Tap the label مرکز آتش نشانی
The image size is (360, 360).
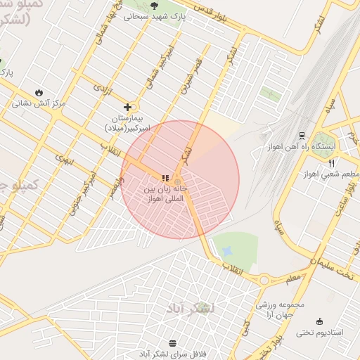38,103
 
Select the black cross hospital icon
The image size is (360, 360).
127,107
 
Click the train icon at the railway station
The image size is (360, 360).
302,135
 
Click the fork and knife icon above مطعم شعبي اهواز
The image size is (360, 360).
331,162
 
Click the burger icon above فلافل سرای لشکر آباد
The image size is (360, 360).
173,343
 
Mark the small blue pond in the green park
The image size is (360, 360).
226,251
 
